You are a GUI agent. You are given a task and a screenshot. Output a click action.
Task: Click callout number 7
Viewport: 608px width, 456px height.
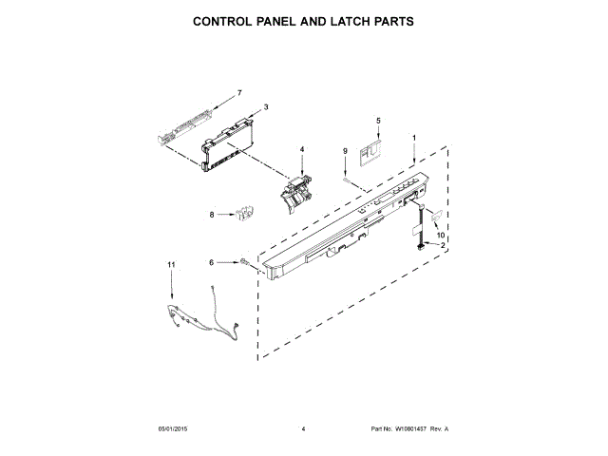[x=239, y=92]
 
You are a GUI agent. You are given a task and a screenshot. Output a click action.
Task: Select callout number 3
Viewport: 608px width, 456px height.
[x=265, y=107]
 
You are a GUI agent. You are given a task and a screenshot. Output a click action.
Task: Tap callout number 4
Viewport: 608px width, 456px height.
[x=302, y=149]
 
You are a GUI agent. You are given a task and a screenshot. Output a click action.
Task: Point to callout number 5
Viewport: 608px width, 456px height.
[x=377, y=121]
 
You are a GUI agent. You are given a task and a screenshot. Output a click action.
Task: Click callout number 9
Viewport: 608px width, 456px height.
[x=345, y=151]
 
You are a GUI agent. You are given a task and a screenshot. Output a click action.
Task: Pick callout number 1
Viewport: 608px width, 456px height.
[x=414, y=138]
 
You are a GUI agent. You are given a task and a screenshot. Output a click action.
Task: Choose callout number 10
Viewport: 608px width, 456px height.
[x=440, y=235]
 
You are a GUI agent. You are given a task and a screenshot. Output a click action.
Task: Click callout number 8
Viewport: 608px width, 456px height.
[x=212, y=215]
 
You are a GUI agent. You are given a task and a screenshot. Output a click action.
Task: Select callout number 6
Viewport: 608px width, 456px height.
[x=212, y=261]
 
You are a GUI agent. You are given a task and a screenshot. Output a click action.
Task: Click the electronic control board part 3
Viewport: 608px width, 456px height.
[x=226, y=146]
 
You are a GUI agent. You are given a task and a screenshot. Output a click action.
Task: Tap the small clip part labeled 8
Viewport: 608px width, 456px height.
[x=243, y=214]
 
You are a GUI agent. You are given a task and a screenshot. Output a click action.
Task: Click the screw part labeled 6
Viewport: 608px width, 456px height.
[x=244, y=261]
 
